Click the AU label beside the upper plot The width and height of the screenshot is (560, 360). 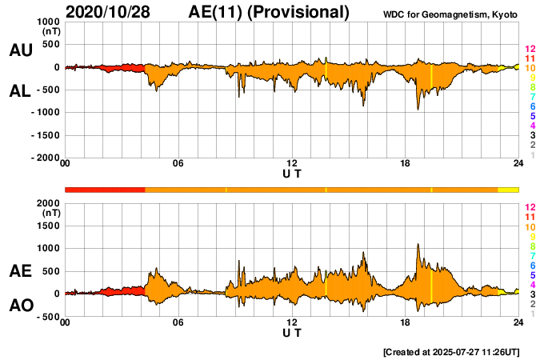coord(20,50)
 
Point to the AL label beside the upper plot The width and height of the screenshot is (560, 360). coord(20,91)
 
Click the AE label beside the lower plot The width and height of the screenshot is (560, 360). coord(20,272)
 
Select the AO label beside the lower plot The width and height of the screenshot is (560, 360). coord(20,306)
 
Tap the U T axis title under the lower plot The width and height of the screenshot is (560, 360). coord(292,333)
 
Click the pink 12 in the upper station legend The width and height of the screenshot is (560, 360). coord(530,49)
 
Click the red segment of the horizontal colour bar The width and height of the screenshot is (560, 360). coord(104,190)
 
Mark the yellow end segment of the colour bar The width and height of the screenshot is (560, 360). coord(509,190)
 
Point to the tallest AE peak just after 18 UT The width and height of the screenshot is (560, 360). coord(418,245)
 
